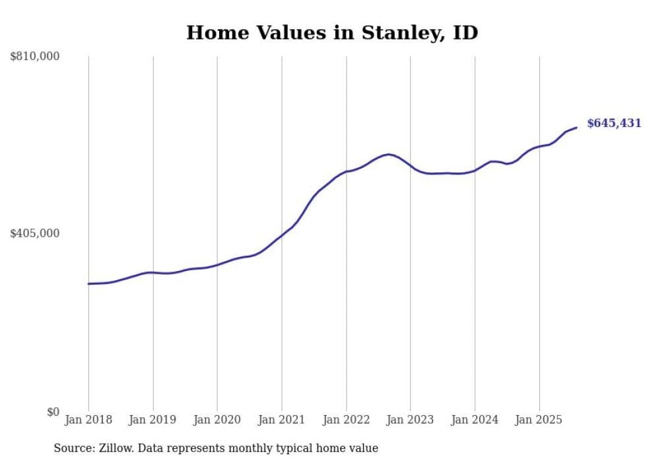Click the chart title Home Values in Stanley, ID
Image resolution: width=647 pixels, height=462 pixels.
click(x=332, y=32)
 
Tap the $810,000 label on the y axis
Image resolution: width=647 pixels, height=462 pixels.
click(x=35, y=57)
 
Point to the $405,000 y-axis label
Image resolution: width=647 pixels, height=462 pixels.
click(x=35, y=233)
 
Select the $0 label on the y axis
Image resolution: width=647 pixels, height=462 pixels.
click(x=53, y=412)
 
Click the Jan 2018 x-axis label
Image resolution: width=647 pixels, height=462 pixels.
click(x=88, y=420)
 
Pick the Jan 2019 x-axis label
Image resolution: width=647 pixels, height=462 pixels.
click(x=153, y=420)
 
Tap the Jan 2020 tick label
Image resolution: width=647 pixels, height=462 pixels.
click(x=217, y=420)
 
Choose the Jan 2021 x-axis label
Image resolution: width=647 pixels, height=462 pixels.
click(x=282, y=420)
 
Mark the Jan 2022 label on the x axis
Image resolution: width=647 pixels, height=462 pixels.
click(x=346, y=420)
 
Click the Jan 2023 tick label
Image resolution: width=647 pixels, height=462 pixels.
click(x=411, y=420)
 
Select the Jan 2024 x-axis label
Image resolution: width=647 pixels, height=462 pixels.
click(x=475, y=420)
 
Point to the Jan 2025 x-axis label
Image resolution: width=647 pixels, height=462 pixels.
click(x=539, y=420)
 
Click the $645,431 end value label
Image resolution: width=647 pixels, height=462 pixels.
click(x=614, y=124)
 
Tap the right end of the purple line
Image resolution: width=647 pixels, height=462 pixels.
click(x=577, y=128)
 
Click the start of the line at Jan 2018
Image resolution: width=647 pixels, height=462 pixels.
click(x=88, y=284)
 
